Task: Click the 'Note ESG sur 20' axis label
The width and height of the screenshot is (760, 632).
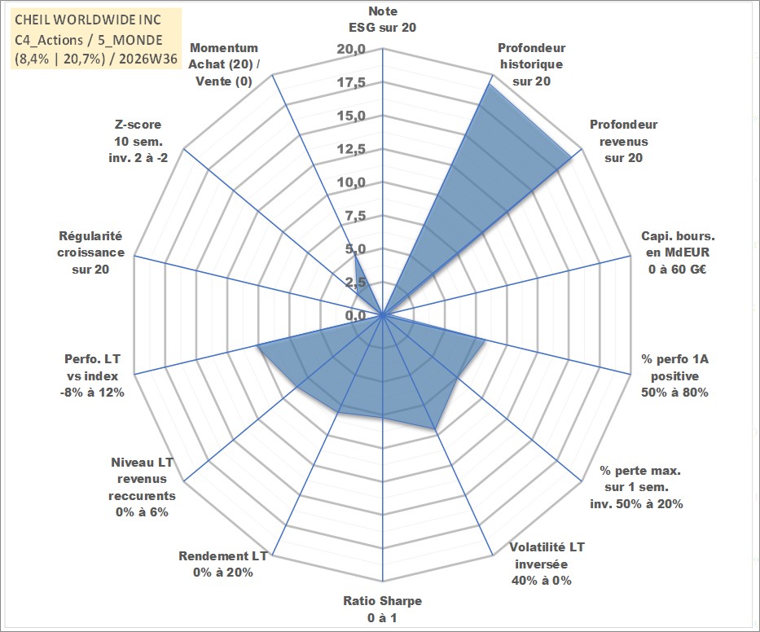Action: (382, 20)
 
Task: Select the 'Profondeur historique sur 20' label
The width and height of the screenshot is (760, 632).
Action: (531, 64)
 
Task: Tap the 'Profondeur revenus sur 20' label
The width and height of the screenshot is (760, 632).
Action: (623, 141)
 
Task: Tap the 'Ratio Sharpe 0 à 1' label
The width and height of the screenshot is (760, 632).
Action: (382, 609)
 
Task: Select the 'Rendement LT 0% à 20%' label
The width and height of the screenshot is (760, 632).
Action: (223, 564)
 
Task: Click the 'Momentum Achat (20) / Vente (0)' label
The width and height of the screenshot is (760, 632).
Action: (224, 64)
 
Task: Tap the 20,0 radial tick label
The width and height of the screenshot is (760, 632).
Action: (351, 50)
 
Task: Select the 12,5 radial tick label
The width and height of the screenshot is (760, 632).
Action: (351, 149)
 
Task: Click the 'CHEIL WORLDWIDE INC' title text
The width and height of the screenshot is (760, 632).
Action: (88, 20)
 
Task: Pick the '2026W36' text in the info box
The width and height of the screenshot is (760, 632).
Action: (147, 59)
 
